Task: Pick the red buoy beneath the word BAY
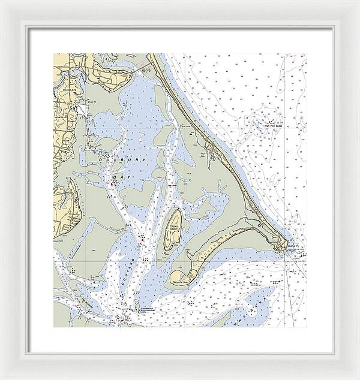[111, 185]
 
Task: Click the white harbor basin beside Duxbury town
[78, 110]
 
